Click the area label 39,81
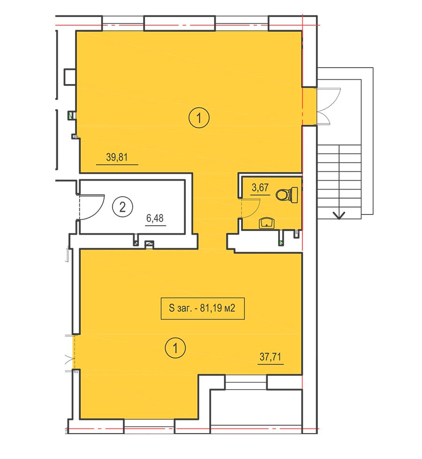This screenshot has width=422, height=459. pos(117,157)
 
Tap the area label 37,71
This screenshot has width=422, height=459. pos(271,357)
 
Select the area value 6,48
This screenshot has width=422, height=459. pos(155,218)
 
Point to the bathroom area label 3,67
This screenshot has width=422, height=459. pos(260,187)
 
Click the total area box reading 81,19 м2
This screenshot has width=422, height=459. pos(203,308)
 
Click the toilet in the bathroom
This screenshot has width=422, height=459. pos(287,194)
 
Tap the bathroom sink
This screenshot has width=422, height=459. pos(266,223)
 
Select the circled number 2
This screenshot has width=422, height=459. pos(122,207)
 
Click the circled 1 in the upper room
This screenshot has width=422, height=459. pos(199,118)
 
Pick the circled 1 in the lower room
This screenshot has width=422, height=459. pos(175,348)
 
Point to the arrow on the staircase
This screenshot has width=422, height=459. pos(339,215)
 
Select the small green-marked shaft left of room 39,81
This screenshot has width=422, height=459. pos(71,115)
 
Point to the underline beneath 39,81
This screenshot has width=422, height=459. pos(117,165)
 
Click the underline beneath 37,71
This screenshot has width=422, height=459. pos(271,364)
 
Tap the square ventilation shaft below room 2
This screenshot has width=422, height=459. pos(150,245)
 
